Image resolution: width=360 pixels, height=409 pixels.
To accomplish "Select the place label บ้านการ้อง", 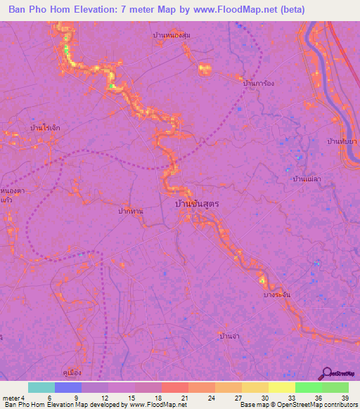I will click(257, 83).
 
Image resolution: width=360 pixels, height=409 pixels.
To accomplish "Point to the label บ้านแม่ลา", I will click(308, 179).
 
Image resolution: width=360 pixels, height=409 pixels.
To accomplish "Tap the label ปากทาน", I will click(131, 210).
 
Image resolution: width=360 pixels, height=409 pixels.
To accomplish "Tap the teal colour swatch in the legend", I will click(41, 387).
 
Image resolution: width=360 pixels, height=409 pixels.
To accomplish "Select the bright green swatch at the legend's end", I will click(335, 387).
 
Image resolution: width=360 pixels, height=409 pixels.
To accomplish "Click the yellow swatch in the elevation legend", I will click(281, 387).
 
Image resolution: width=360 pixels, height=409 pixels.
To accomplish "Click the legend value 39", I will click(345, 397).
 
